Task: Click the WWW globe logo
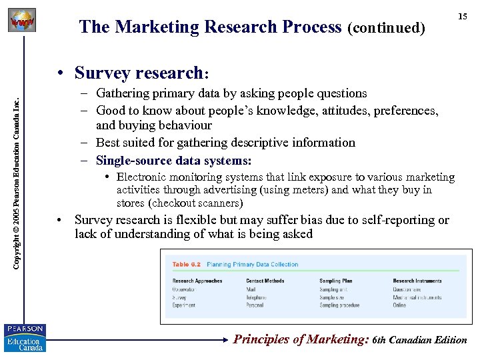click(21, 21)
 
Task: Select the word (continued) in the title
click(385, 28)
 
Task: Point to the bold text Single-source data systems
click(174, 160)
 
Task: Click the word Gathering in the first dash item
click(125, 93)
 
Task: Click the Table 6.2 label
click(187, 264)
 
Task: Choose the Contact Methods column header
click(265, 281)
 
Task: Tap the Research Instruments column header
click(417, 281)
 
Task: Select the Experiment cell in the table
click(184, 305)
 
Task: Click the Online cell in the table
click(399, 305)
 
